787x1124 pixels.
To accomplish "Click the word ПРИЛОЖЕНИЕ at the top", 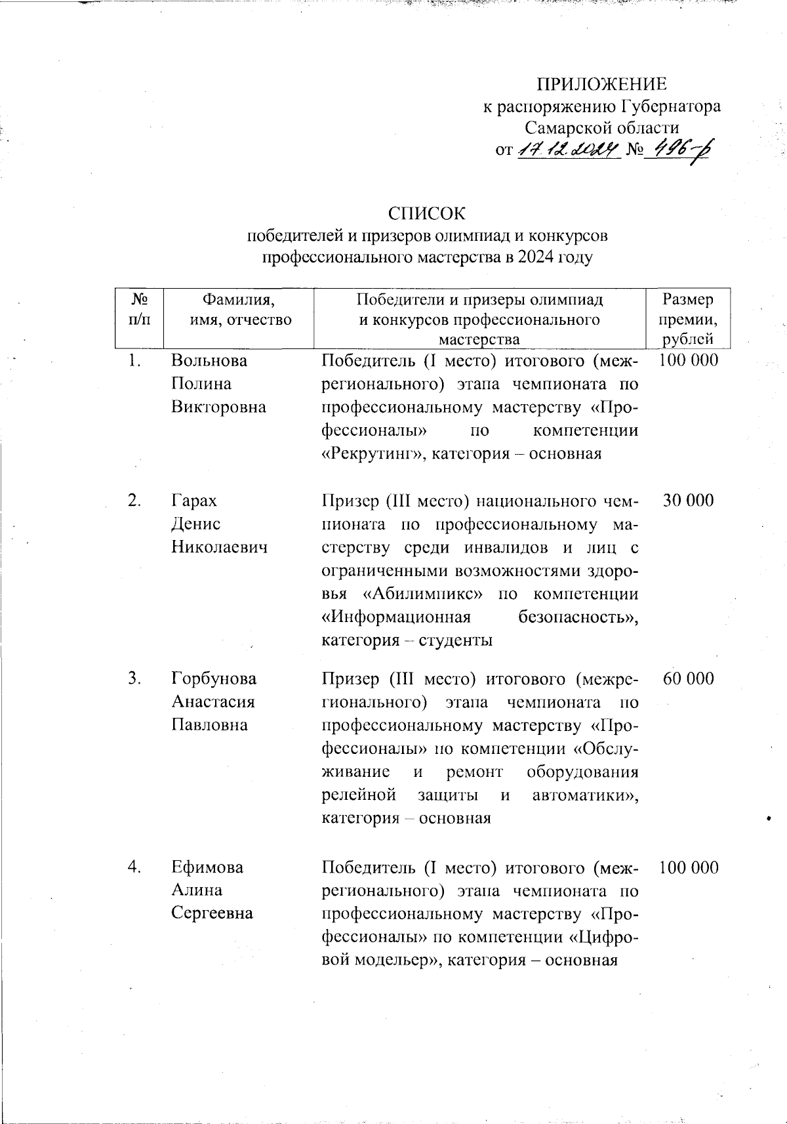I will (601, 85).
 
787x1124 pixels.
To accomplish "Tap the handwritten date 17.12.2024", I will (568, 150).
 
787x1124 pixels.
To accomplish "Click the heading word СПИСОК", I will (426, 214).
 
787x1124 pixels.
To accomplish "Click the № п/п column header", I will (139, 310).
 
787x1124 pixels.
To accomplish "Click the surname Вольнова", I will (209, 360).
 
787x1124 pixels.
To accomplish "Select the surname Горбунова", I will (214, 678).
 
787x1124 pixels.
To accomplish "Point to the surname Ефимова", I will (207, 867).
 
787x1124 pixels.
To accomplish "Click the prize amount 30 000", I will (688, 501).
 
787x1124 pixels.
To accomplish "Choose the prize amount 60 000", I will (688, 678).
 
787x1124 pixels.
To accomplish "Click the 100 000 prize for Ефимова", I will (689, 867).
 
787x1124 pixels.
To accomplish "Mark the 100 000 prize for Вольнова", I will (689, 360).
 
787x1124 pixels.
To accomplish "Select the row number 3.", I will (135, 678).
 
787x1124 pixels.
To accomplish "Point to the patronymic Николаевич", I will (219, 547).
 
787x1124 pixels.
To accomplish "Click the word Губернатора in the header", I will (671, 106).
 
